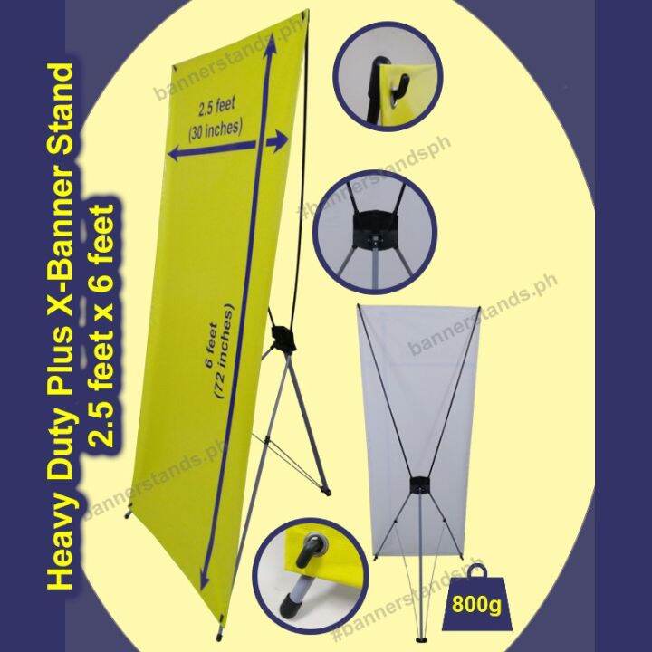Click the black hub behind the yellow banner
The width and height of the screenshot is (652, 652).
[283, 339]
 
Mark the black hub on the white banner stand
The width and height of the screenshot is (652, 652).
[420, 484]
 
